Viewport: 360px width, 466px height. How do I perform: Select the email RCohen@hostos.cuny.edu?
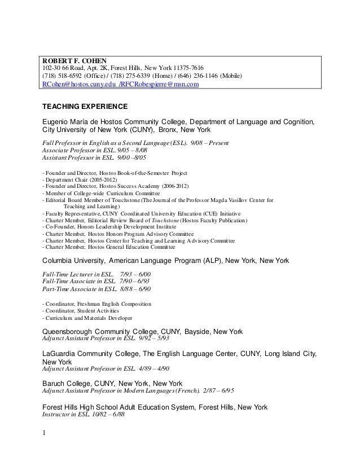pos(78,85)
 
